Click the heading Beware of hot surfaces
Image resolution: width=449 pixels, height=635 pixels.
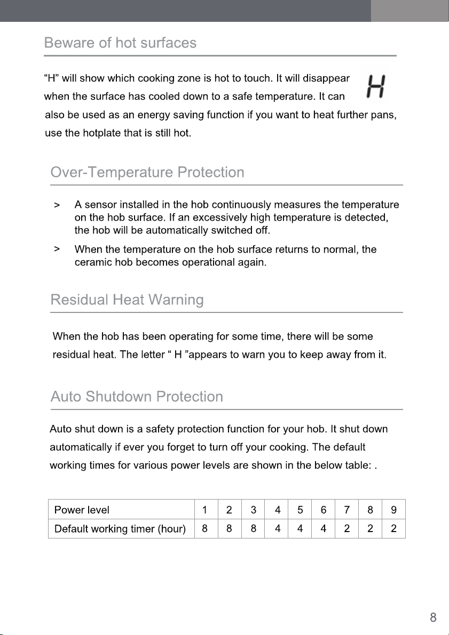(x=120, y=43)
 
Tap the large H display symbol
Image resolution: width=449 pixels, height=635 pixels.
(x=377, y=86)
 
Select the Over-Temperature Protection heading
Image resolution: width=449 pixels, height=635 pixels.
(x=147, y=173)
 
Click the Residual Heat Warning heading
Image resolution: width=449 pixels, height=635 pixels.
(x=127, y=300)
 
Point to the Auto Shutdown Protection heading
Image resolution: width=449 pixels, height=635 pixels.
(x=137, y=397)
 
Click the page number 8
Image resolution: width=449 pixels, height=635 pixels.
(x=433, y=618)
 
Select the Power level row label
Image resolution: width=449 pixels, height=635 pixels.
(x=82, y=510)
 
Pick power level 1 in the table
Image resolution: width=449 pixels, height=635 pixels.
(x=205, y=510)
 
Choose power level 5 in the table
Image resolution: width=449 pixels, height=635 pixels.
(x=301, y=510)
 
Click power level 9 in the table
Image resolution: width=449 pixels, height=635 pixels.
(x=393, y=510)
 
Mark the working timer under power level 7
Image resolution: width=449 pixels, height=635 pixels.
(x=347, y=529)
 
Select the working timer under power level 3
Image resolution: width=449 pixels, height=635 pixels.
(x=254, y=529)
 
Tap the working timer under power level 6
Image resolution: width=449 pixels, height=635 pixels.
(x=324, y=529)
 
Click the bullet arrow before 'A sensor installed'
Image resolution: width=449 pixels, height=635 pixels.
(x=57, y=205)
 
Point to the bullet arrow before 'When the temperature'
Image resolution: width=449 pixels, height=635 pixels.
(x=57, y=249)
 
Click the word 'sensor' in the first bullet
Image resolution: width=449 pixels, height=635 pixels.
(x=101, y=205)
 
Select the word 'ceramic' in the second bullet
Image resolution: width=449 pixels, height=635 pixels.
(x=92, y=263)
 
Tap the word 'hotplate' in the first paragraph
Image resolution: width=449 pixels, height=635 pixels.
(x=101, y=133)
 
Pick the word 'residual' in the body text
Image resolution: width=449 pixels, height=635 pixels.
(x=70, y=355)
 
